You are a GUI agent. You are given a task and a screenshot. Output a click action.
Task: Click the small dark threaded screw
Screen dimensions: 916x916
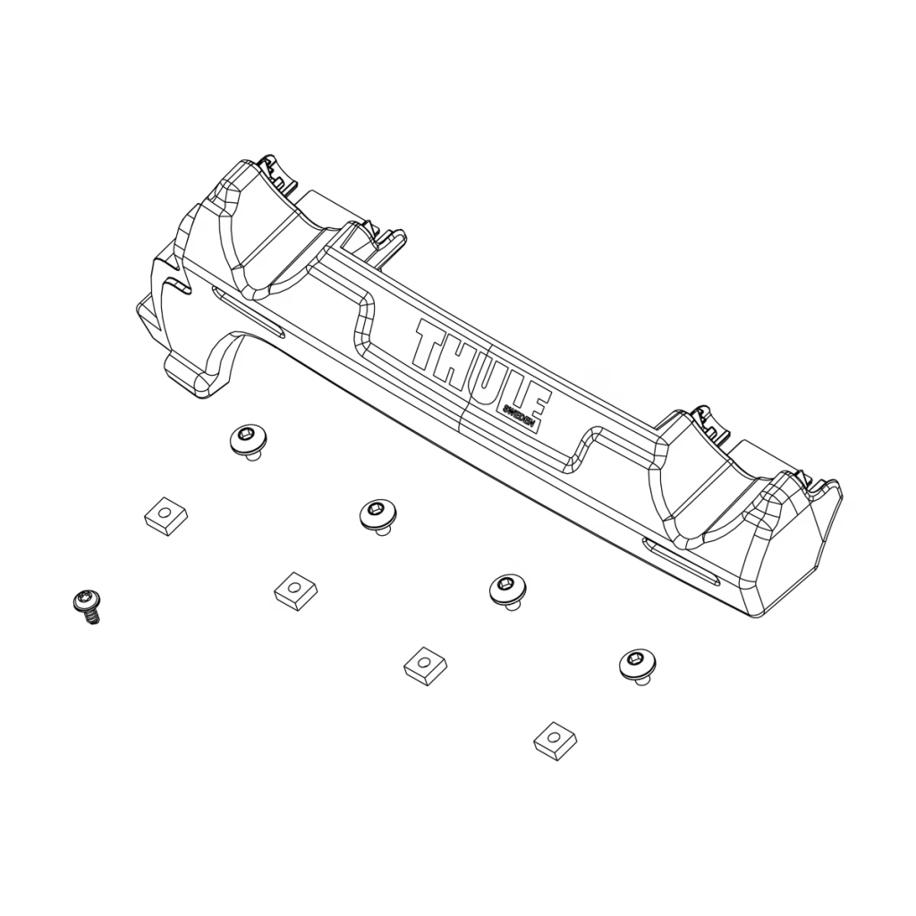[x=87, y=604]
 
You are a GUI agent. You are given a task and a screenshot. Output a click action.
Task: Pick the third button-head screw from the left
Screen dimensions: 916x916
[x=507, y=589]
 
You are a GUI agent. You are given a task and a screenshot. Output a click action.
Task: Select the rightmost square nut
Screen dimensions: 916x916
[x=555, y=738]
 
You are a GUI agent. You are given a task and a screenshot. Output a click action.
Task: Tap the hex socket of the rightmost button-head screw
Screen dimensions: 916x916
[x=636, y=662]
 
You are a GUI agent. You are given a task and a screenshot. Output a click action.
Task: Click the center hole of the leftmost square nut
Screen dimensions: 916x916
[x=165, y=513]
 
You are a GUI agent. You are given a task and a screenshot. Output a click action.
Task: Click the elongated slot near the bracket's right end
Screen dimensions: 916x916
[x=681, y=561]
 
